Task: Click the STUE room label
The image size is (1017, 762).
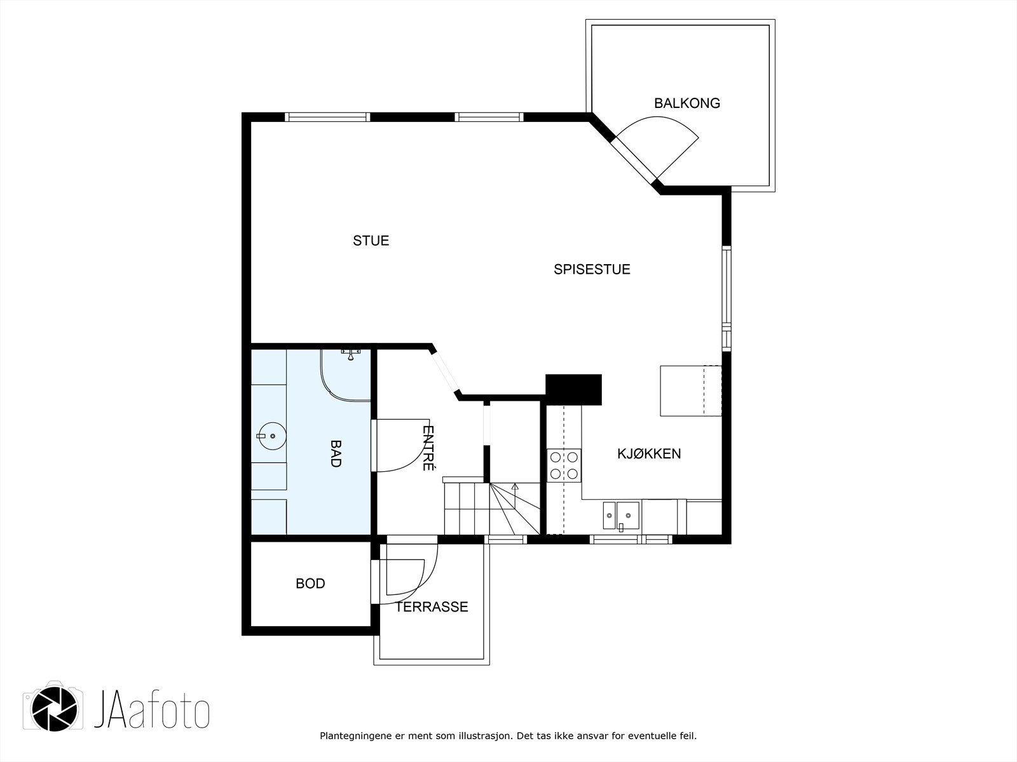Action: [x=371, y=241]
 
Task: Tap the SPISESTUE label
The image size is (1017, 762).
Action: [x=592, y=269]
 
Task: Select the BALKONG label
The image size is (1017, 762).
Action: [x=687, y=103]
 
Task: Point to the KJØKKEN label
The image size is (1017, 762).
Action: [x=649, y=453]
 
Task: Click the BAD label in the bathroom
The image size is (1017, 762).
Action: [x=336, y=453]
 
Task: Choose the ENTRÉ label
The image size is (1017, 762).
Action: [x=428, y=448]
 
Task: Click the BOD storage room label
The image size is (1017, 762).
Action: [x=310, y=584]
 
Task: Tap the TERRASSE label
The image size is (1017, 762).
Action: [x=432, y=606]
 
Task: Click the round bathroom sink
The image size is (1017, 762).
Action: [x=271, y=436]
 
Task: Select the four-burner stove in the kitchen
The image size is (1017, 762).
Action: [x=563, y=465]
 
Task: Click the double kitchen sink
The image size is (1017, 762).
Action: [x=621, y=516]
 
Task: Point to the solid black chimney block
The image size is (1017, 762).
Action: [x=573, y=389]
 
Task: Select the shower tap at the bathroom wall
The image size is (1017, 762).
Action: [x=350, y=354]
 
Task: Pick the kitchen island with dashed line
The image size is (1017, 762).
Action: [x=691, y=391]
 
